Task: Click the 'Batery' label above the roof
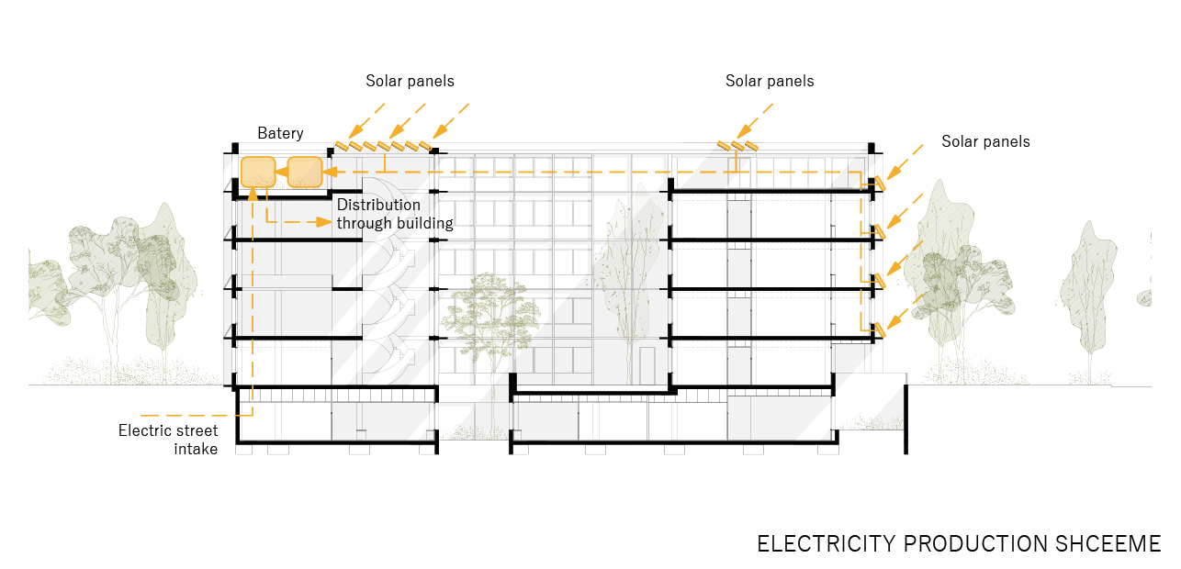pos(280,134)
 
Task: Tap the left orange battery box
pos(258,173)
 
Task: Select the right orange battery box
pos(305,173)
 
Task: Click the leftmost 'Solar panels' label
pos(410,82)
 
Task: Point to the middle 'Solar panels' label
pos(770,82)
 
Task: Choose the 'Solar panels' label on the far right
pos(985,142)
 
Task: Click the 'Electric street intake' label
pos(168,440)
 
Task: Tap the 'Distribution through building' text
pos(395,214)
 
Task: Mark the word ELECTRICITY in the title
pos(826,543)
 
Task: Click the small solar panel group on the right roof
pos(738,145)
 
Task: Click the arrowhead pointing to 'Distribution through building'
pos(326,222)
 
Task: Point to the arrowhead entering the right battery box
pos(328,172)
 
